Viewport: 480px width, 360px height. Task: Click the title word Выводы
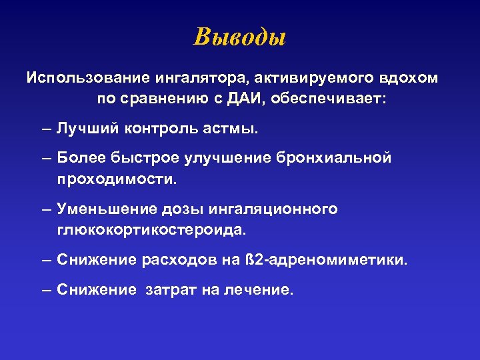239,37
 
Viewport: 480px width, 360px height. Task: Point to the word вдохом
409,78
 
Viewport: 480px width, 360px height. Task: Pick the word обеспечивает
329,99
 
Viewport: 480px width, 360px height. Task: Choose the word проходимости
117,179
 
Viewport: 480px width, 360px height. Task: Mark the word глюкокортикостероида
151,230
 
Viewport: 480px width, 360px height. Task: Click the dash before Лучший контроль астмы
46,128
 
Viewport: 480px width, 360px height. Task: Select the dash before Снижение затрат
46,291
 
